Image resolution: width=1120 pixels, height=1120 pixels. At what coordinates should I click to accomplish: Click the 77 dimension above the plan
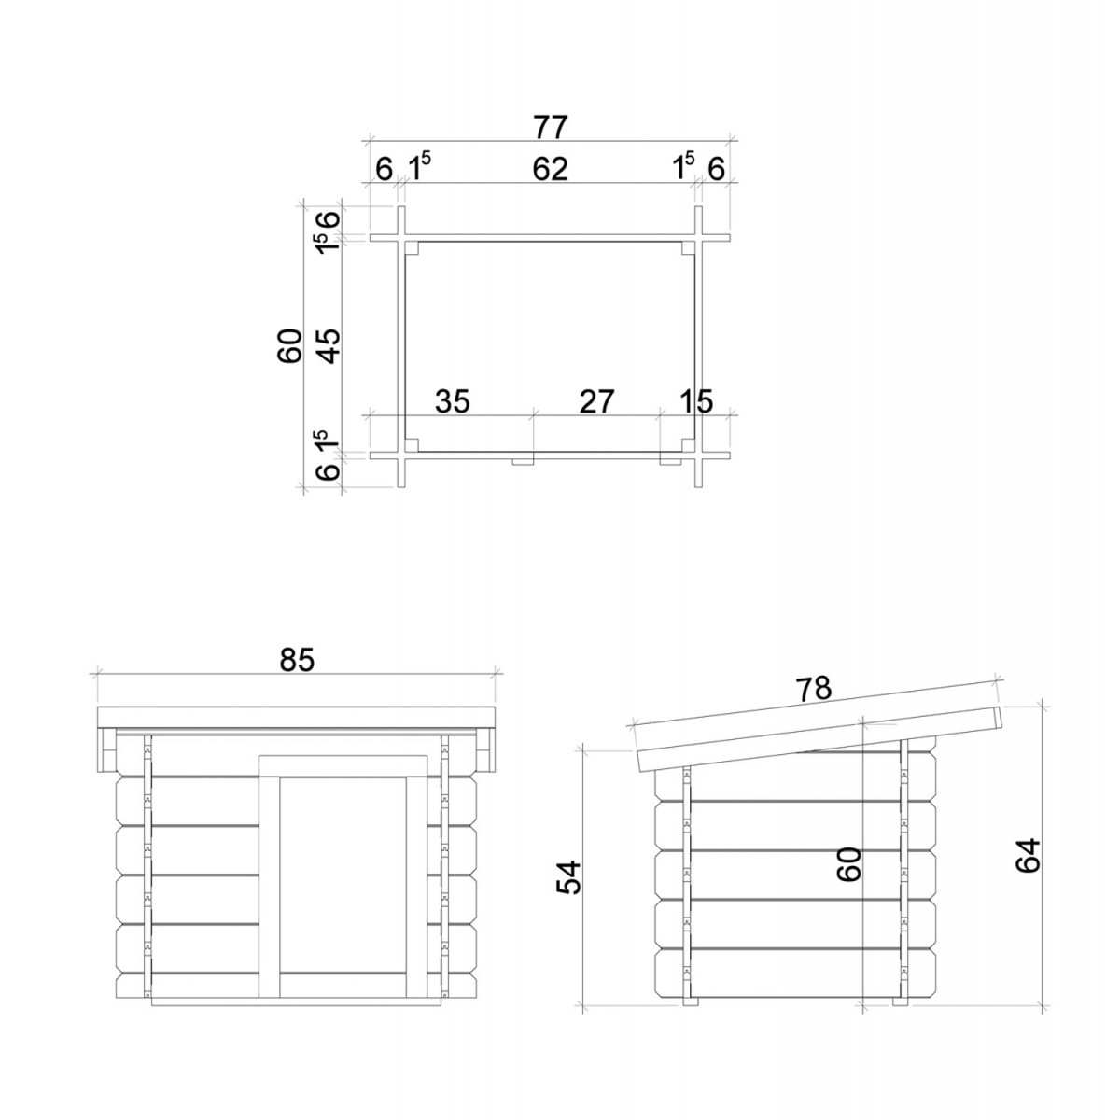tap(550, 127)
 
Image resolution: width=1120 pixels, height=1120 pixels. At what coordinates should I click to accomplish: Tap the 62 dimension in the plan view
tap(550, 169)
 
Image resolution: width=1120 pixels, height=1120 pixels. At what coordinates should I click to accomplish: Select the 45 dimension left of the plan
tap(329, 346)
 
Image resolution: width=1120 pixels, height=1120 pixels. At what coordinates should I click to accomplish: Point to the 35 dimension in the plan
tap(453, 401)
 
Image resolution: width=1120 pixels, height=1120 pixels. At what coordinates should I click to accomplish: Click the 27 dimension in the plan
tap(597, 401)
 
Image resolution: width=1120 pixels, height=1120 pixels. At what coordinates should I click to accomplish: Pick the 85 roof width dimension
tap(297, 660)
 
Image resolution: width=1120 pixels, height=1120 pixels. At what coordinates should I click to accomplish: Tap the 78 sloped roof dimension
tap(814, 690)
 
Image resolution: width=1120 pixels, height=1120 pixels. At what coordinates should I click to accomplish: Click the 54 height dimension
tap(568, 877)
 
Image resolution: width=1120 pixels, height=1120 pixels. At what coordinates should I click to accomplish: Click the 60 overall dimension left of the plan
tap(289, 346)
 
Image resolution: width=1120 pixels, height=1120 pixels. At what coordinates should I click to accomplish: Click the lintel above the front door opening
tap(343, 766)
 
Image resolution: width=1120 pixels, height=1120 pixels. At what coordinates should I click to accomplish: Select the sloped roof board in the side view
tap(819, 739)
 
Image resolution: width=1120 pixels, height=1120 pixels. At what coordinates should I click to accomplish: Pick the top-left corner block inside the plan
tap(413, 248)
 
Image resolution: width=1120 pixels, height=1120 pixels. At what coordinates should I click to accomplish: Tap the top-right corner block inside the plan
tap(688, 248)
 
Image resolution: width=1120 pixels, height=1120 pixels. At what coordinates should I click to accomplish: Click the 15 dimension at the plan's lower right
tap(696, 401)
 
